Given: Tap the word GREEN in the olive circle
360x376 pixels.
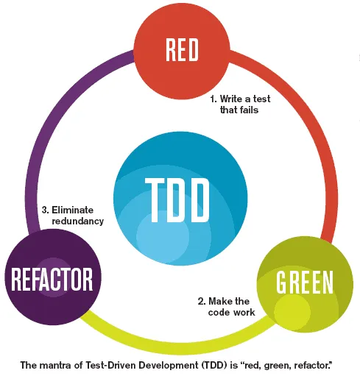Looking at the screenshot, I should click(x=304, y=283).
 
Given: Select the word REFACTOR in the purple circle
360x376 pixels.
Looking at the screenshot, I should click(x=52, y=279).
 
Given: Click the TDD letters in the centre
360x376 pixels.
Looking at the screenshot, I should click(x=178, y=198).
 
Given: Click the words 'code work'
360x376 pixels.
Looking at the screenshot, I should click(x=231, y=313).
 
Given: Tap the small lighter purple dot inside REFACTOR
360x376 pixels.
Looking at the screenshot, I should click(x=52, y=283).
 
